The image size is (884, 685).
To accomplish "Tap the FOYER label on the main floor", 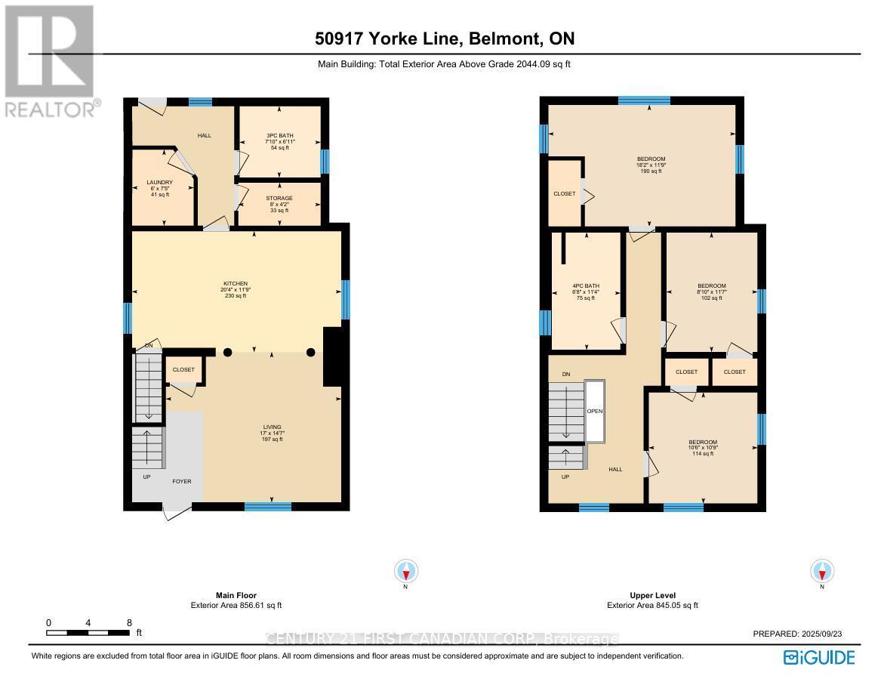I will pos(181,481).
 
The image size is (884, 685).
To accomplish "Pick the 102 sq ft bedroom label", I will pos(711,292).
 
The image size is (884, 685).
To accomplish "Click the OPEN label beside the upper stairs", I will pos(595,412).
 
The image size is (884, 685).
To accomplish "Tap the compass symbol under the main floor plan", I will pos(406,571).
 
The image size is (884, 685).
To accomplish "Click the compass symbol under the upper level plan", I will pos(821,571).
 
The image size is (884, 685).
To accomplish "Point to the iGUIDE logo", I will pos(819,656).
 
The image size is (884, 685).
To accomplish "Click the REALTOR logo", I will pos(50,60).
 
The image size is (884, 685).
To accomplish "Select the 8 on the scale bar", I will pos(129,623).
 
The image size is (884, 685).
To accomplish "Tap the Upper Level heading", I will pos(651,595).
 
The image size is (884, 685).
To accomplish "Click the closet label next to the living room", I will pos(183,370).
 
